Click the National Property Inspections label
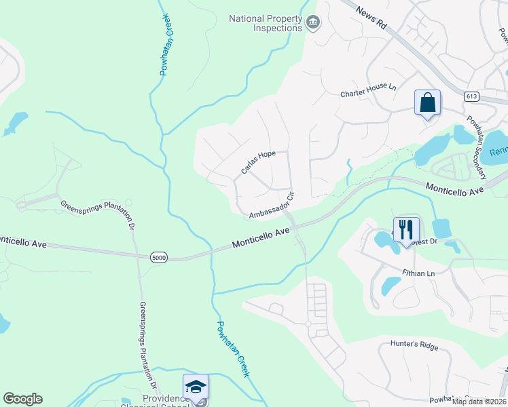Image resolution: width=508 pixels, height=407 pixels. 266,23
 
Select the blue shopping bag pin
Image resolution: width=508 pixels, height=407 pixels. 427,103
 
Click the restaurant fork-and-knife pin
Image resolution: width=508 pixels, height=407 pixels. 406,229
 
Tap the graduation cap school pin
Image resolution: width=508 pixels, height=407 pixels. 196,387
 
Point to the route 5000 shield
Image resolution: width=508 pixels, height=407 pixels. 159,257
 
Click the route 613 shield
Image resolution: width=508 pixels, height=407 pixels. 471,97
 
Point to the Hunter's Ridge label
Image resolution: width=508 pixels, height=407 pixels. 414,345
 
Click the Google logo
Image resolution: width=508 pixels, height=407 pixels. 22,399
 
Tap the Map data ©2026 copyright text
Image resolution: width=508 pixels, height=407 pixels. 479,402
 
